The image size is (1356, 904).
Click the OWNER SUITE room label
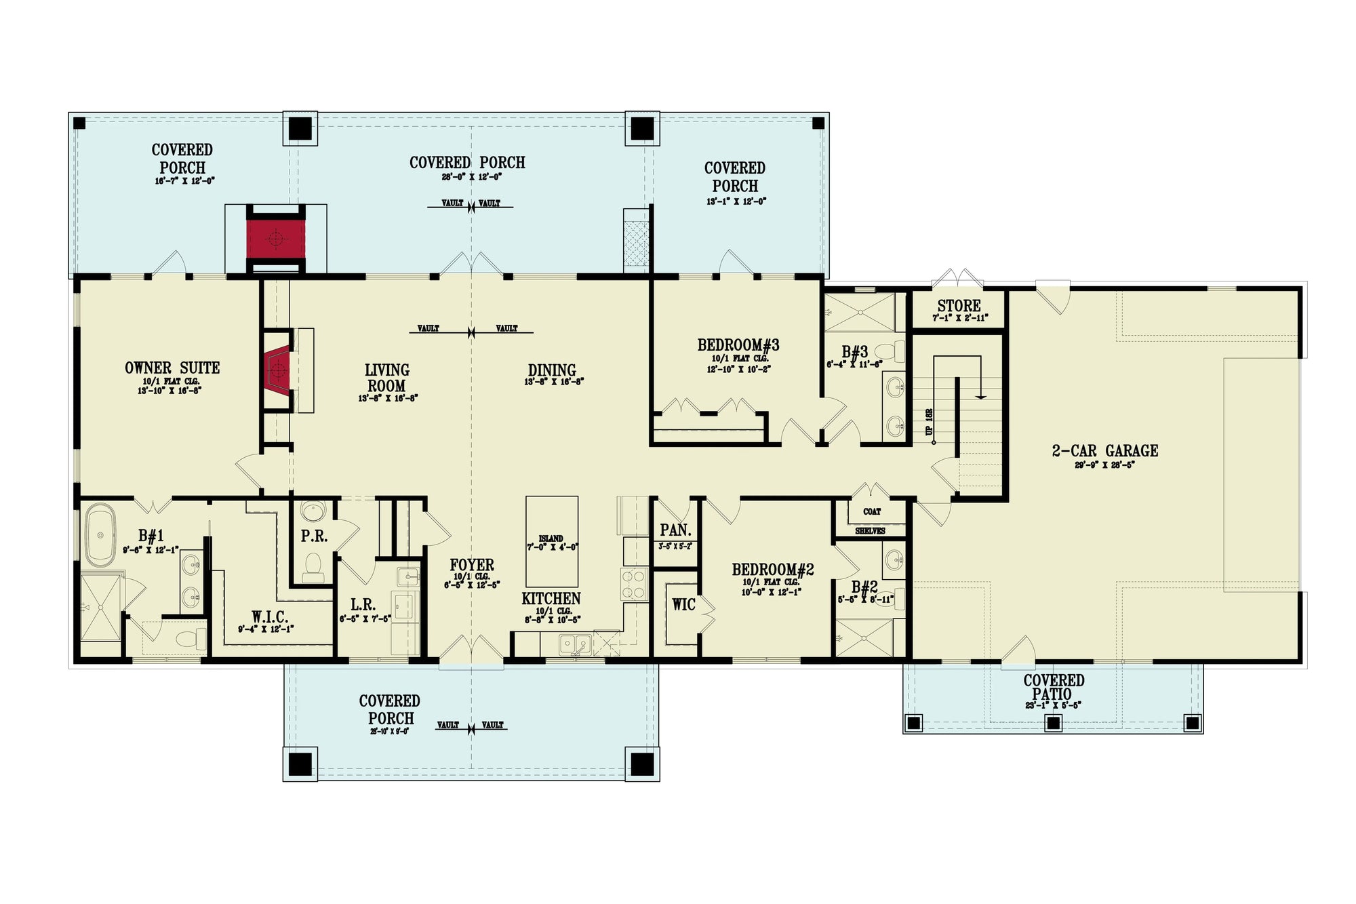click(172, 368)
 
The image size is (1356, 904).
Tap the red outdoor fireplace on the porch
click(275, 238)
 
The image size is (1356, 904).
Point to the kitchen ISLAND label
click(551, 538)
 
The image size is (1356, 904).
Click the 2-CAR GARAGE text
click(1104, 451)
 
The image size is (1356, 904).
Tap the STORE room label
click(959, 306)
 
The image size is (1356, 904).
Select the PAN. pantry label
click(675, 530)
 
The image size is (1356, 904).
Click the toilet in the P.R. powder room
click(313, 566)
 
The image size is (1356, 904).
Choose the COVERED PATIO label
click(1054, 687)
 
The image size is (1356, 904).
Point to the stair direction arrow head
click(980, 397)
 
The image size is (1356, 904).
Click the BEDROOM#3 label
click(738, 345)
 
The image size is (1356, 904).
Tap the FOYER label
click(472, 565)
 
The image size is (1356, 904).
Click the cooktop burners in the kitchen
click(634, 585)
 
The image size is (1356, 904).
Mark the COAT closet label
click(872, 511)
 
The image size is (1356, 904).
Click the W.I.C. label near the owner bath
click(270, 617)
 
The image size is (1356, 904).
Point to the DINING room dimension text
click(554, 382)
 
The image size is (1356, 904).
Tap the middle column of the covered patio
click(1053, 724)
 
